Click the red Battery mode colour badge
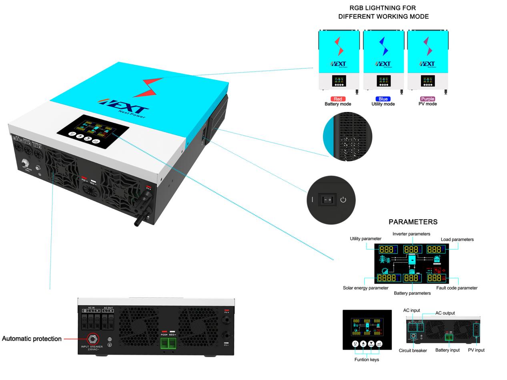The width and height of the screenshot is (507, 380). pos(338,99)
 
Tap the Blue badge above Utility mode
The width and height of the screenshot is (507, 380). pos(383,99)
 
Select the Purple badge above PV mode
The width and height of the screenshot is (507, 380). pos(427,99)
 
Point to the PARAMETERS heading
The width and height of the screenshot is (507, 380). pos(413,222)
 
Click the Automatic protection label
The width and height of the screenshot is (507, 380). pos(32,339)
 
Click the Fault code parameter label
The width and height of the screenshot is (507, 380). pos(457,288)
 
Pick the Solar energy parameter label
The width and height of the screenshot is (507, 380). pos(365,288)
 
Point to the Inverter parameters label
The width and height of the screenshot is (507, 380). pos(411,234)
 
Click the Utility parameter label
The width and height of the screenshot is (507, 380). pos(365,239)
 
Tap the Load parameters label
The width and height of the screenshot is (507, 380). pos(457,240)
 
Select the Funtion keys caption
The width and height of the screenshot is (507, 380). pos(367,360)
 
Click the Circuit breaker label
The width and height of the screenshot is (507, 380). pos(413,351)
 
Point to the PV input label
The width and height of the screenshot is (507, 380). pos(476,350)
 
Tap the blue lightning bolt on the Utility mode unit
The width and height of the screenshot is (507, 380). pos(384,46)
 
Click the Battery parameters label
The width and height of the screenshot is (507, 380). pos(412,293)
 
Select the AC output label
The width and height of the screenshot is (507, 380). pos(445,313)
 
